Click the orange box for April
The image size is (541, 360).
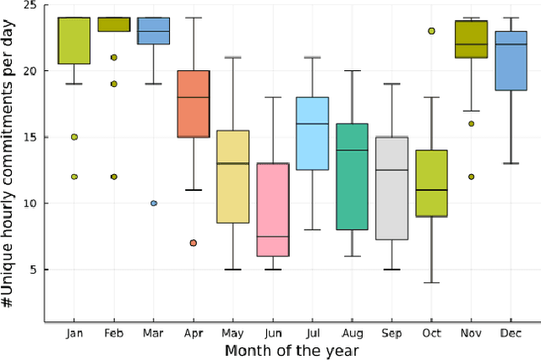tap(193, 103)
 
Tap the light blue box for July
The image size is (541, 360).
tap(312, 134)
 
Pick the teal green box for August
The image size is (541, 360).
tap(352, 177)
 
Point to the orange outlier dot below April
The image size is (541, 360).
tap(193, 243)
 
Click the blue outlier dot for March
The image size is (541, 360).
tap(153, 203)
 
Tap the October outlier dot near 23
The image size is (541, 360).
tap(431, 30)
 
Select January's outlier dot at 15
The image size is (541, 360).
tap(74, 137)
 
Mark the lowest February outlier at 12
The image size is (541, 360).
tap(113, 177)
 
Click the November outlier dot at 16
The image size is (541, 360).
tap(471, 123)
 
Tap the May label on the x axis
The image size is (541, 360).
tap(232, 333)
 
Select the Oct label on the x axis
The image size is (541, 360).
tap(431, 333)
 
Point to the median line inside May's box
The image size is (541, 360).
tap(232, 163)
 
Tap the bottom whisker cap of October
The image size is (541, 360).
tap(431, 282)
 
